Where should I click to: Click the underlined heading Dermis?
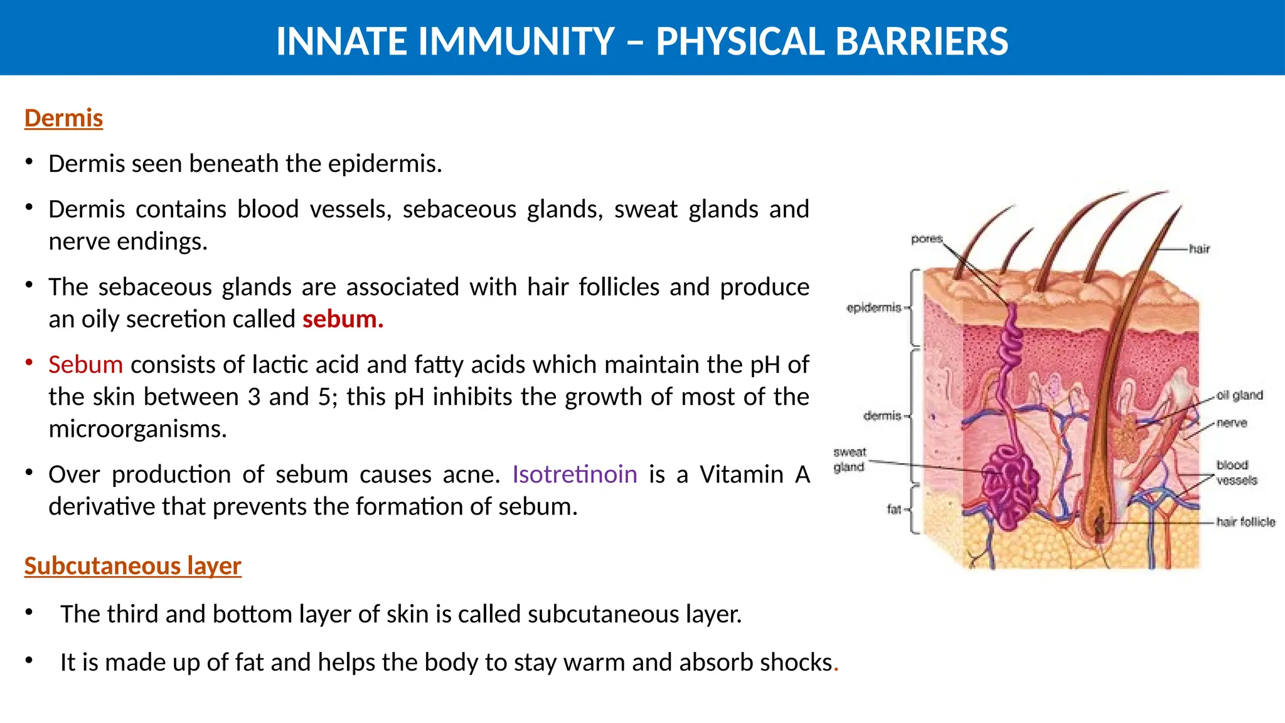tap(63, 118)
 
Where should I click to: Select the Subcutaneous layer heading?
tap(132, 565)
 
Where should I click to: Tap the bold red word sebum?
tap(343, 319)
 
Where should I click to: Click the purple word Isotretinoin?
tap(574, 474)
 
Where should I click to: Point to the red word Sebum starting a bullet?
tap(85, 364)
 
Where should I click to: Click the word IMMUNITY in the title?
tap(516, 41)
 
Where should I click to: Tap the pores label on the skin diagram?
tap(927, 238)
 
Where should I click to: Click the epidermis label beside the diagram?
tap(873, 308)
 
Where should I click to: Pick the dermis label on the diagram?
tap(882, 415)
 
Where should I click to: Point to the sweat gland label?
tap(849, 459)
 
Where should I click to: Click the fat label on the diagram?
tap(893, 509)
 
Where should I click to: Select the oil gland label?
tap(1239, 395)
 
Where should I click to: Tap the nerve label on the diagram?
tap(1232, 423)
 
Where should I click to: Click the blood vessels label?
tap(1236, 473)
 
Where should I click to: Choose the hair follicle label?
tap(1245, 522)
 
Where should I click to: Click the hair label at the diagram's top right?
tap(1199, 249)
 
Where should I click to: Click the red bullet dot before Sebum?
tap(29, 362)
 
